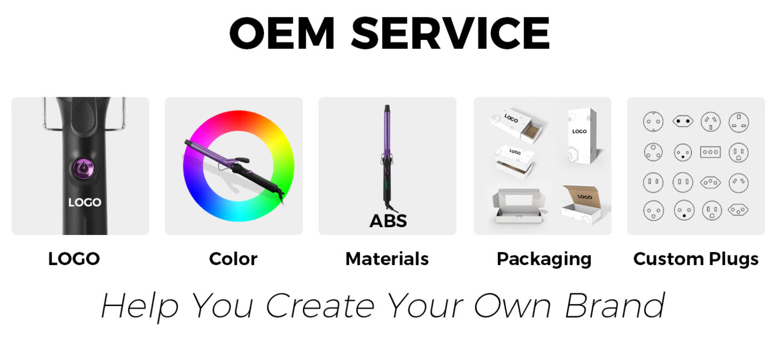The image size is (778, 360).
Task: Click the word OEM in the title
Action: click(x=282, y=33)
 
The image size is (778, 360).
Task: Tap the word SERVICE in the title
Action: click(x=451, y=33)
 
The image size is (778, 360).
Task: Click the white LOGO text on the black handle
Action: click(x=84, y=202)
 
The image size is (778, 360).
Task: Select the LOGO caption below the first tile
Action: click(x=74, y=259)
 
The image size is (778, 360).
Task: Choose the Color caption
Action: click(x=233, y=259)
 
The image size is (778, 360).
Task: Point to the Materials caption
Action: click(x=387, y=259)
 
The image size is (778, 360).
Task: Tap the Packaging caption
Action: click(x=544, y=259)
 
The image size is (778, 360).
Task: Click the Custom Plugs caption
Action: click(x=696, y=259)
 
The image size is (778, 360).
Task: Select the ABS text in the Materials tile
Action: click(x=388, y=221)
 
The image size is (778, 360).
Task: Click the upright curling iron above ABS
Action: click(x=387, y=158)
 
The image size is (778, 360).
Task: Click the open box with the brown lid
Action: click(x=582, y=204)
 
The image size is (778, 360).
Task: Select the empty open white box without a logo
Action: click(x=518, y=206)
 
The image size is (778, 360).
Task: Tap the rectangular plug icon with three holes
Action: click(x=710, y=152)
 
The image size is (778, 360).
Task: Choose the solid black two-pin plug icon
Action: click(x=683, y=122)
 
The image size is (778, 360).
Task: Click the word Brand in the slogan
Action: click(x=615, y=306)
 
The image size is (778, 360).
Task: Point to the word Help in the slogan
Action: click(x=139, y=307)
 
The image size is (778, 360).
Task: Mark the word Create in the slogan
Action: click(x=320, y=306)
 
